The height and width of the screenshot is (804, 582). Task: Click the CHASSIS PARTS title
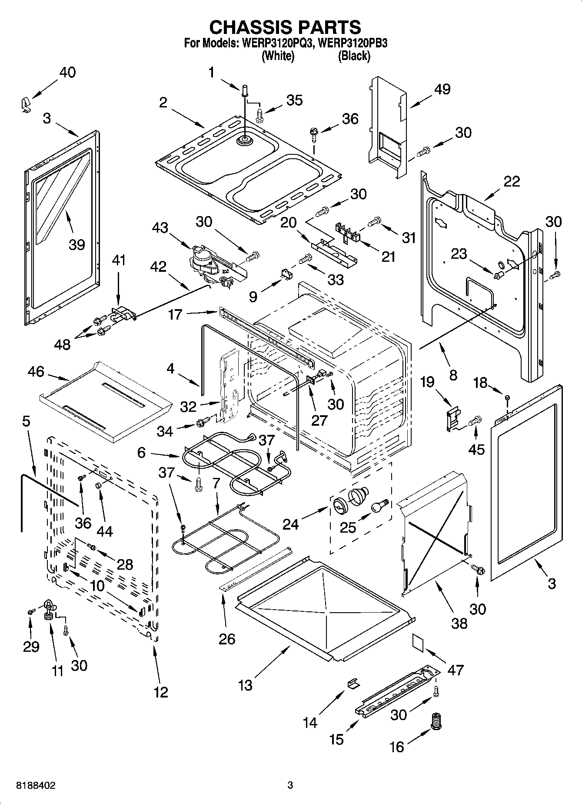pos(285,27)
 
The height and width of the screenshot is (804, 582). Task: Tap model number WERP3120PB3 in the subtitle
pos(352,43)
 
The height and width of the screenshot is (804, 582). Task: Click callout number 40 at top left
pos(67,73)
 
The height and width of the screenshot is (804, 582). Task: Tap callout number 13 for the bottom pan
pos(245,685)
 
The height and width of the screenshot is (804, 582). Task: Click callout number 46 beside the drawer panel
pos(36,372)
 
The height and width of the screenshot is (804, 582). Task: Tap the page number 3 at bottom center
pos(290,785)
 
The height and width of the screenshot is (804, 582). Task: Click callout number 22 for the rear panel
pos(511,181)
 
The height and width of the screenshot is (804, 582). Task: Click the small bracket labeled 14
pos(353,683)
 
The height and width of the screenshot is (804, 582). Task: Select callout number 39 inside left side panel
pos(76,245)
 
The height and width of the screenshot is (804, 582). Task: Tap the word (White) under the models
pos(278,56)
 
